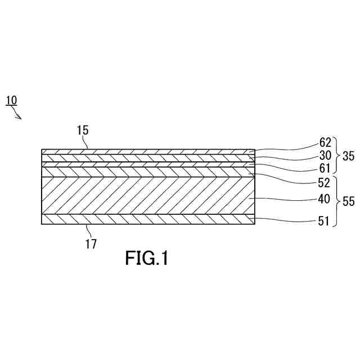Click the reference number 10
point(11,101)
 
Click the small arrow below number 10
point(18,115)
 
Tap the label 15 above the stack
point(83,131)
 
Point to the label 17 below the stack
point(91,244)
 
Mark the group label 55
point(349,201)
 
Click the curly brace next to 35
point(336,154)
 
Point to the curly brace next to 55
point(336,201)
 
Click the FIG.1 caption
point(146,258)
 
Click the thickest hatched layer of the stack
point(146,195)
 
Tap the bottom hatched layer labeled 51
point(146,219)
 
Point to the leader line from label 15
point(87,143)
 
